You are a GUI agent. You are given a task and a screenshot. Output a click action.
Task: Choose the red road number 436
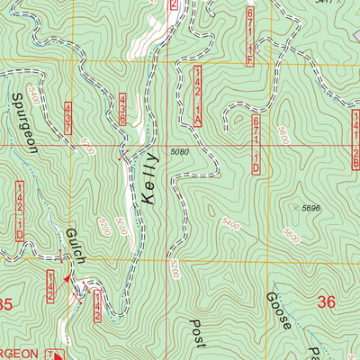pyautogui.click(x=122, y=109)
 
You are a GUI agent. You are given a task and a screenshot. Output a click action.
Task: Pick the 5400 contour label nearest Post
pyautogui.click(x=232, y=220)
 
